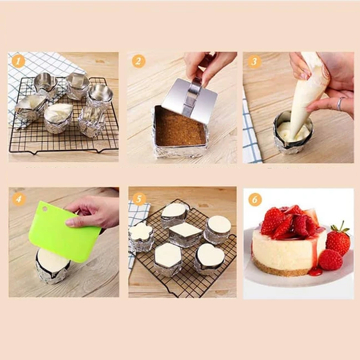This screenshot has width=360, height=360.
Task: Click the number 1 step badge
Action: tap(18, 61)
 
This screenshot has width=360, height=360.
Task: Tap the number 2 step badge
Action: tap(138, 61)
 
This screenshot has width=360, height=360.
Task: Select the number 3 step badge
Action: tap(254, 61)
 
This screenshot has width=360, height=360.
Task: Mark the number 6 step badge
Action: tap(255, 199)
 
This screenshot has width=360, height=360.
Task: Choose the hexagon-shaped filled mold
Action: tap(168, 255)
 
